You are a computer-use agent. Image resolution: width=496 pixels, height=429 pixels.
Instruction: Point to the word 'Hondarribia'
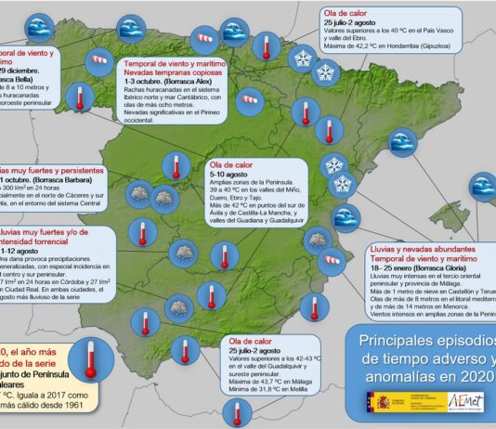tap(412, 42)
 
